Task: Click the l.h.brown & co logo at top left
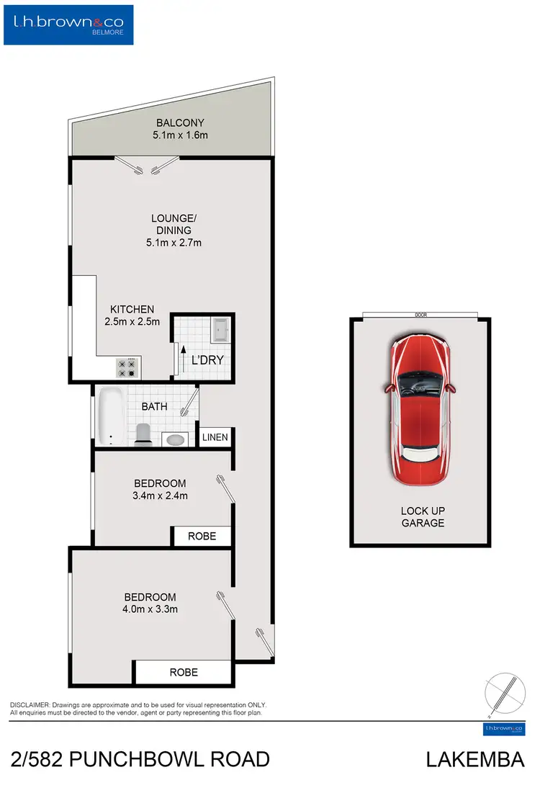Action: click(x=69, y=25)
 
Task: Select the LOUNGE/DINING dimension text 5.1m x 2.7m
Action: click(x=174, y=243)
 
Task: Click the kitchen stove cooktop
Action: click(x=127, y=368)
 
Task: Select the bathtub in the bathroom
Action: click(x=110, y=416)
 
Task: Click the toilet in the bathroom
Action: click(x=142, y=434)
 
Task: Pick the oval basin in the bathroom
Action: click(x=174, y=439)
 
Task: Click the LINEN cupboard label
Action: click(x=215, y=437)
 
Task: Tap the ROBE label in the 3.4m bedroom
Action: click(x=202, y=537)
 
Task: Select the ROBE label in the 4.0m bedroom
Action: click(x=184, y=672)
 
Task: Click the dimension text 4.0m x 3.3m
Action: click(x=150, y=609)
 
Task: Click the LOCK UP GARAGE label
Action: click(x=423, y=517)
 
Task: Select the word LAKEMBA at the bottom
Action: click(x=474, y=760)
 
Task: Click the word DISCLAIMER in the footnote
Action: click(x=30, y=704)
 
